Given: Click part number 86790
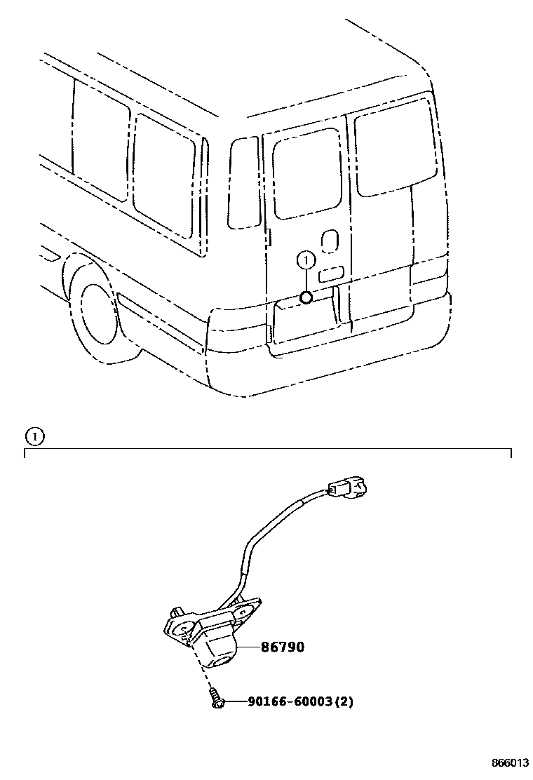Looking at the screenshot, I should coord(283,647).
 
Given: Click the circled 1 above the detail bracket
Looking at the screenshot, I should coord(34,436).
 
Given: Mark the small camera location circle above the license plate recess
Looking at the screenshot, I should coord(306,297).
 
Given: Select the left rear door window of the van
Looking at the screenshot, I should coord(307,173).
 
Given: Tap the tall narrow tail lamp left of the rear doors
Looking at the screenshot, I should coord(244,182).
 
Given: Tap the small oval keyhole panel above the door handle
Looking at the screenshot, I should coord(328,241).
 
